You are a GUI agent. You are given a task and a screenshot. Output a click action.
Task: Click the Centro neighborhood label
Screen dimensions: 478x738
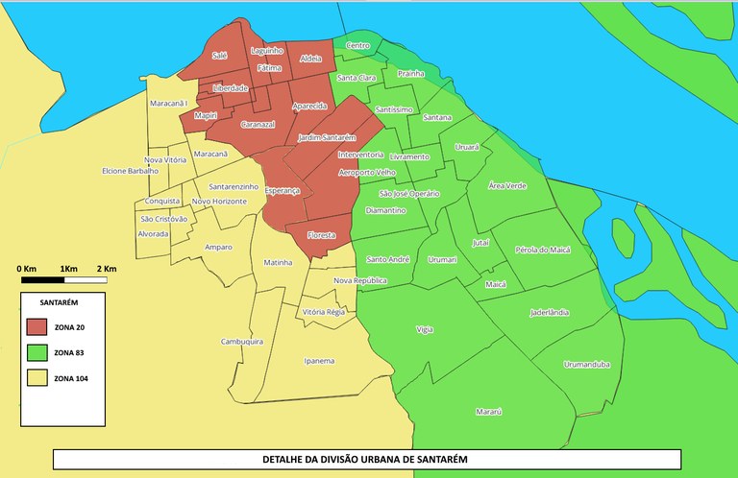click(x=357, y=45)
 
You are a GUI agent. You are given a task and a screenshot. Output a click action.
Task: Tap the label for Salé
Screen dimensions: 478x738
click(x=220, y=57)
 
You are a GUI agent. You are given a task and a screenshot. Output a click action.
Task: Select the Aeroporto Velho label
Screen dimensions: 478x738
click(x=367, y=172)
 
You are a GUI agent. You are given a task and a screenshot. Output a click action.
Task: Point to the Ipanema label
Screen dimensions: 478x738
click(x=318, y=361)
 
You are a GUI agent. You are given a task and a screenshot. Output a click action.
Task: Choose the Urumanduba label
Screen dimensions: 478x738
click(x=586, y=364)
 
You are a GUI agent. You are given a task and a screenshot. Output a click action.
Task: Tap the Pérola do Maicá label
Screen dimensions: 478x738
click(x=543, y=250)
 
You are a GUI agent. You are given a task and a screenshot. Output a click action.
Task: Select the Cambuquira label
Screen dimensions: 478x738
click(x=242, y=341)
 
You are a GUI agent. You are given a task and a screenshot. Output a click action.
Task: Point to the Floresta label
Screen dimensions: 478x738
click(x=322, y=235)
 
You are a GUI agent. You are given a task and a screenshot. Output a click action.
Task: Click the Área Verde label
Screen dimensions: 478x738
click(x=507, y=184)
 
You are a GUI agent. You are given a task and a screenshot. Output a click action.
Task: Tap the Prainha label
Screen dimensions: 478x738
click(x=411, y=73)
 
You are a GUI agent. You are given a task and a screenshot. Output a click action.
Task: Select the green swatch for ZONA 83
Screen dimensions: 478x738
click(x=39, y=352)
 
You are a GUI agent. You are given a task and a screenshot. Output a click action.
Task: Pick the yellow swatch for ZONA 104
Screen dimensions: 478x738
click(x=39, y=377)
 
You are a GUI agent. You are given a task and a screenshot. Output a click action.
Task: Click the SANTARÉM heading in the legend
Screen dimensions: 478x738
click(x=46, y=301)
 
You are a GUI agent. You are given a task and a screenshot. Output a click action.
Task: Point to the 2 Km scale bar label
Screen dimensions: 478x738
click(x=106, y=267)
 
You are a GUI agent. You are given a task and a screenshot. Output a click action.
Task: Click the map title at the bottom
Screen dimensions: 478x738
click(x=365, y=459)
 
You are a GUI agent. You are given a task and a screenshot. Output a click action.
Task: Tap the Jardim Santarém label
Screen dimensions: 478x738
click(x=327, y=138)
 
